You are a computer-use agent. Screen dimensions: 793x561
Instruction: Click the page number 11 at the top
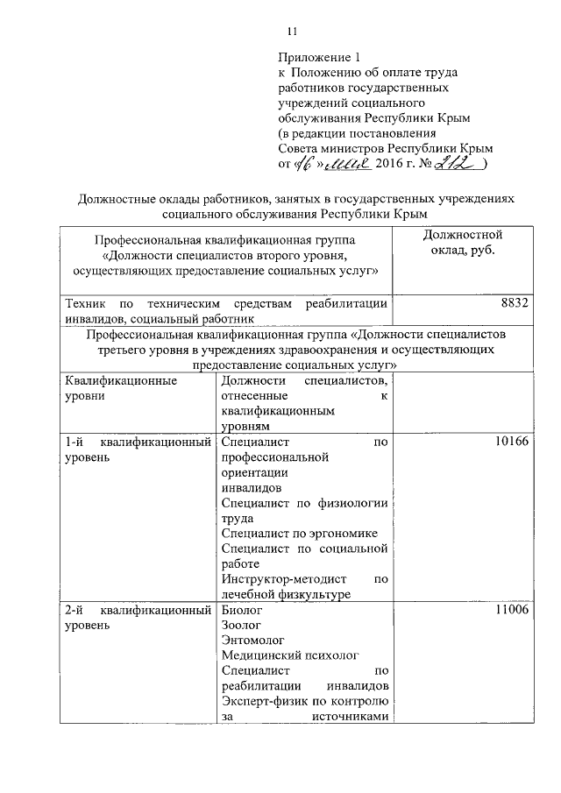point(293,32)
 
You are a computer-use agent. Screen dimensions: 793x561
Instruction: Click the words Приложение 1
point(317,57)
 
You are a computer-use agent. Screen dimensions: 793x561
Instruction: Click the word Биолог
point(242,610)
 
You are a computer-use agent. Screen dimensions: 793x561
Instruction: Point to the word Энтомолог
point(252,641)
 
